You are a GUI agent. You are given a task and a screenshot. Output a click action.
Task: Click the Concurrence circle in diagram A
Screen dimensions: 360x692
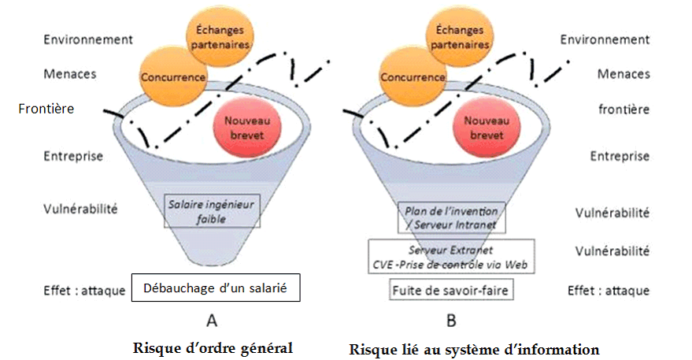click(x=172, y=76)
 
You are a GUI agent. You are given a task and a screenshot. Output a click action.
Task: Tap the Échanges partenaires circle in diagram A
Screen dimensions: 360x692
click(x=219, y=38)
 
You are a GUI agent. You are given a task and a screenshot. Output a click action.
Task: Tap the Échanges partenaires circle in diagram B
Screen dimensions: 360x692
click(x=458, y=38)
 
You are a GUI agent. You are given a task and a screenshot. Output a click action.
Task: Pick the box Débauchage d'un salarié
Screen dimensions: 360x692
click(x=216, y=289)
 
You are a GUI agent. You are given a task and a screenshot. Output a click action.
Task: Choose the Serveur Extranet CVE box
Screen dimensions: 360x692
click(x=452, y=257)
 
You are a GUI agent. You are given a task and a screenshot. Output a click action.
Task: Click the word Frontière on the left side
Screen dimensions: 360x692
click(x=46, y=109)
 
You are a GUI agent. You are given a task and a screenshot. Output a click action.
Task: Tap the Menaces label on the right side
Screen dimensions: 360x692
click(x=624, y=74)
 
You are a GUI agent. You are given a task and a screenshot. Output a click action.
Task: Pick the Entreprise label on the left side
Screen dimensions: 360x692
click(x=72, y=156)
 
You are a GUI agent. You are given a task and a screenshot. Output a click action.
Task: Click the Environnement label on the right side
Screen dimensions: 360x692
click(x=605, y=39)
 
